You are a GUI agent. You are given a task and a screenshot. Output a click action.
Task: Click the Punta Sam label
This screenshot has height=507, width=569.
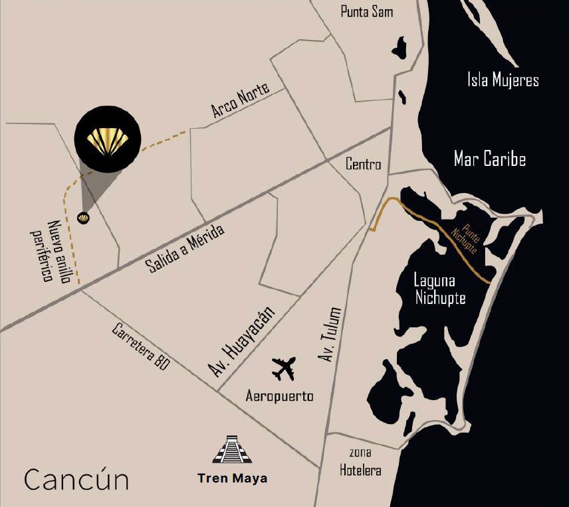pyautogui.click(x=367, y=12)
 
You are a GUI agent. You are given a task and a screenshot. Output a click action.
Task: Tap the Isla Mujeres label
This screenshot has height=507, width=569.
pyautogui.click(x=503, y=80)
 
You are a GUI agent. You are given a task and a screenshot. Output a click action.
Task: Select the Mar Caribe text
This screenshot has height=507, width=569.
pyautogui.click(x=490, y=159)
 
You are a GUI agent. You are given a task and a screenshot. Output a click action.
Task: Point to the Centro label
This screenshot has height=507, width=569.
pyautogui.click(x=364, y=164)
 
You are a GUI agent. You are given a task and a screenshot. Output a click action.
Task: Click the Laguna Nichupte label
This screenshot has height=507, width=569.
pyautogui.click(x=440, y=290)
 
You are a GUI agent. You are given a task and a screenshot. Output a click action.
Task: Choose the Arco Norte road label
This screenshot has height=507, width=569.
pyautogui.click(x=241, y=102)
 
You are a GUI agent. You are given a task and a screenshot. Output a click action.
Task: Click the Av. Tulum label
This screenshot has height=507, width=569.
pyautogui.click(x=330, y=334)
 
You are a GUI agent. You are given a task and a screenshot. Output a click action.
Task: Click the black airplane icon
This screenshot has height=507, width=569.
pyautogui.click(x=284, y=368)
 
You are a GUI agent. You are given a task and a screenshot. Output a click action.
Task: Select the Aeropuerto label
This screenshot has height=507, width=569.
pyautogui.click(x=279, y=396)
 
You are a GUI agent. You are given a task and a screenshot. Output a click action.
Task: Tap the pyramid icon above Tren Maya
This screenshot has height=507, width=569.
pyautogui.click(x=232, y=450)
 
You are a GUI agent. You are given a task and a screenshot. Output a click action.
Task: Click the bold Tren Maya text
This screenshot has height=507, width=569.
pyautogui.click(x=232, y=478)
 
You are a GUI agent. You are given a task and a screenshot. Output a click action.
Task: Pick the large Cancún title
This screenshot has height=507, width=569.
pyautogui.click(x=76, y=478)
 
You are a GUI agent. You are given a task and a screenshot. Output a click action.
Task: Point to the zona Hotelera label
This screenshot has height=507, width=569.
pyautogui.click(x=361, y=462)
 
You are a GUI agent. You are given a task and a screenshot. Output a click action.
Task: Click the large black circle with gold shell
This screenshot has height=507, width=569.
pyautogui.click(x=107, y=140)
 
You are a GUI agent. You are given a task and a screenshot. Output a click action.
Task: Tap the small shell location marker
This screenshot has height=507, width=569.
pyautogui.click(x=84, y=218)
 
